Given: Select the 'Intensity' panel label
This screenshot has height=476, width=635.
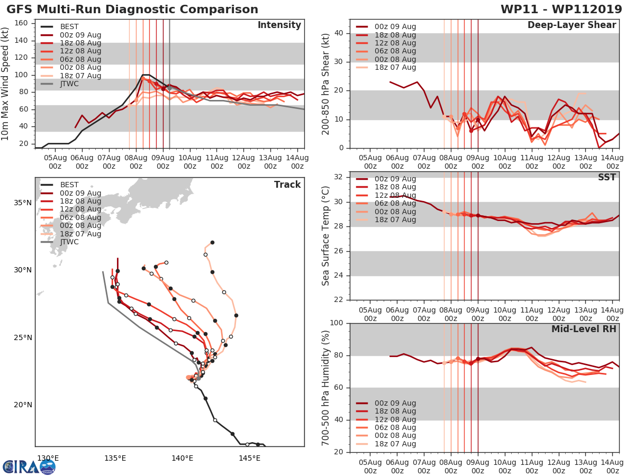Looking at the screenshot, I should pyautogui.click(x=279, y=25).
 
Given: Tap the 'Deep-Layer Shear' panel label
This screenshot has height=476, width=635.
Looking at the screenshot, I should pyautogui.click(x=571, y=25).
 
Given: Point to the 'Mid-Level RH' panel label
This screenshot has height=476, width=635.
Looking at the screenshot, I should pyautogui.click(x=584, y=329).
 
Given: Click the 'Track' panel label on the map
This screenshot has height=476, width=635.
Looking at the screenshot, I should pyautogui.click(x=287, y=185).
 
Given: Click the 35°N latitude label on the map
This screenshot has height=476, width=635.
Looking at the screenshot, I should pyautogui.click(x=22, y=203).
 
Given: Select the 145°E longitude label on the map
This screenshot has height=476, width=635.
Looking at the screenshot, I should pyautogui.click(x=249, y=458).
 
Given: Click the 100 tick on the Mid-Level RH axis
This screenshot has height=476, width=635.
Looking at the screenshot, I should pyautogui.click(x=335, y=323).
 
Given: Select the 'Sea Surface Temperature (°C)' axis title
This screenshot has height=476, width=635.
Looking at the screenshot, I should pyautogui.click(x=326, y=236).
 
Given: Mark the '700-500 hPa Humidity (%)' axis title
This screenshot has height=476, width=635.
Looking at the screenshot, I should pyautogui.click(x=326, y=387).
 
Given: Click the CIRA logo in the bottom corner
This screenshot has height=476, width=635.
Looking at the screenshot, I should pyautogui.click(x=29, y=466).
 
